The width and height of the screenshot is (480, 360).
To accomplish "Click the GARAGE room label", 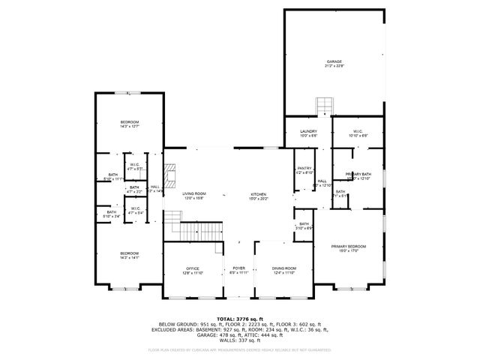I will (x=334, y=61).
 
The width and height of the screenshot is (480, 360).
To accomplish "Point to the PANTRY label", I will (x=304, y=169).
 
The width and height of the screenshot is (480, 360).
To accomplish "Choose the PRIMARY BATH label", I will (x=358, y=174).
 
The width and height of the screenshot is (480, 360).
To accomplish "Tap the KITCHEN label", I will (x=258, y=194).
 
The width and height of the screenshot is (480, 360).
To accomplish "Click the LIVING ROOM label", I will (x=194, y=194).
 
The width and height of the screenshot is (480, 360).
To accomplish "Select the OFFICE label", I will (x=193, y=268).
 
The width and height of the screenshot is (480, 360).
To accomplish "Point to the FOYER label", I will (x=238, y=268).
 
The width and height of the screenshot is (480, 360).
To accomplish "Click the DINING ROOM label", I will (x=284, y=268).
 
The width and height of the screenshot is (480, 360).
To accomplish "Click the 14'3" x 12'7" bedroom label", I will (x=130, y=122).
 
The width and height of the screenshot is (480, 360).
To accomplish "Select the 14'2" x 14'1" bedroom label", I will (x=130, y=254).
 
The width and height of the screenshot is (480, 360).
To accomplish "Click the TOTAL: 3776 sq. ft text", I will (x=240, y=319).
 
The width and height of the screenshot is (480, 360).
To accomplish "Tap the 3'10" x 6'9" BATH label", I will (x=304, y=224).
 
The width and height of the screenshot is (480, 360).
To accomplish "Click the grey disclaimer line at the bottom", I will (x=240, y=349).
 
